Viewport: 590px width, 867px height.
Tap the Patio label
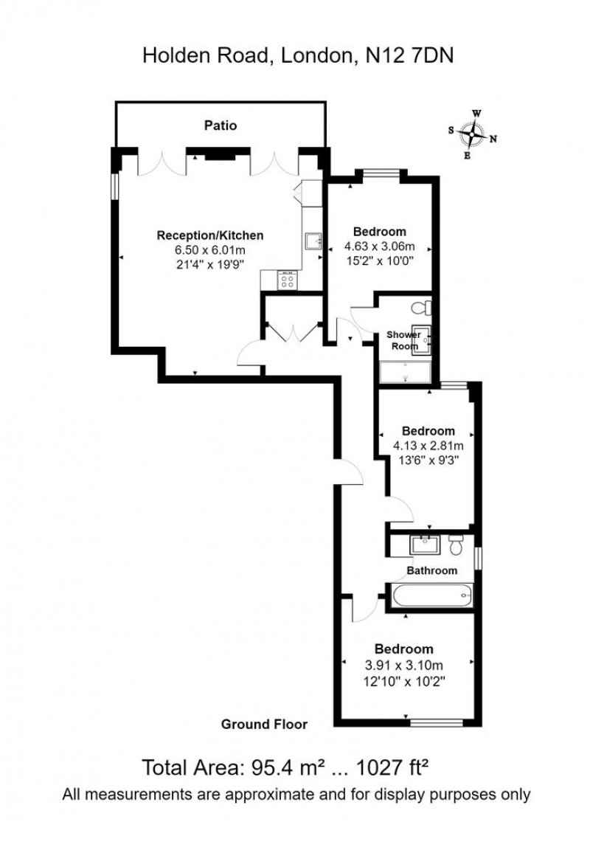pos(221,125)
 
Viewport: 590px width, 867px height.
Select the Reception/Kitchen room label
pos(209,235)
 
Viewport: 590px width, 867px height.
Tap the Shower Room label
pos(403,340)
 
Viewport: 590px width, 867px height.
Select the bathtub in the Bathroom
pos(429,595)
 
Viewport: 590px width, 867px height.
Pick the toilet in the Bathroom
pos(455,545)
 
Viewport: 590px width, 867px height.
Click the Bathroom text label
pos(432,570)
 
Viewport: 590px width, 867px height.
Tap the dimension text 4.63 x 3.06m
pos(380,246)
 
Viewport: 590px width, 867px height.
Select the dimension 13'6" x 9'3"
pos(428,460)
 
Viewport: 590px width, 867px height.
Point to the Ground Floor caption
pos(264,724)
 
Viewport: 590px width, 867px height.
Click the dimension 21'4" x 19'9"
pos(209,263)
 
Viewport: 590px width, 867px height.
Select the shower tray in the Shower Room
pos(406,372)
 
